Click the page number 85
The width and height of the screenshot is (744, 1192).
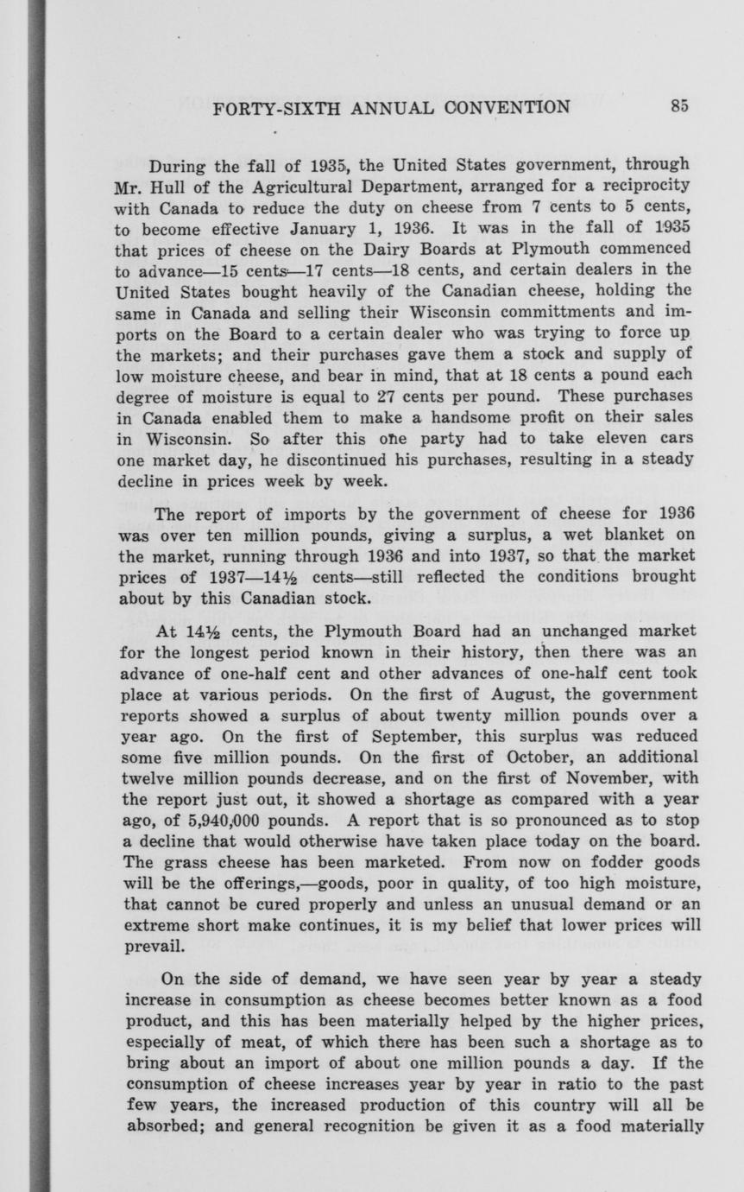click(x=678, y=106)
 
